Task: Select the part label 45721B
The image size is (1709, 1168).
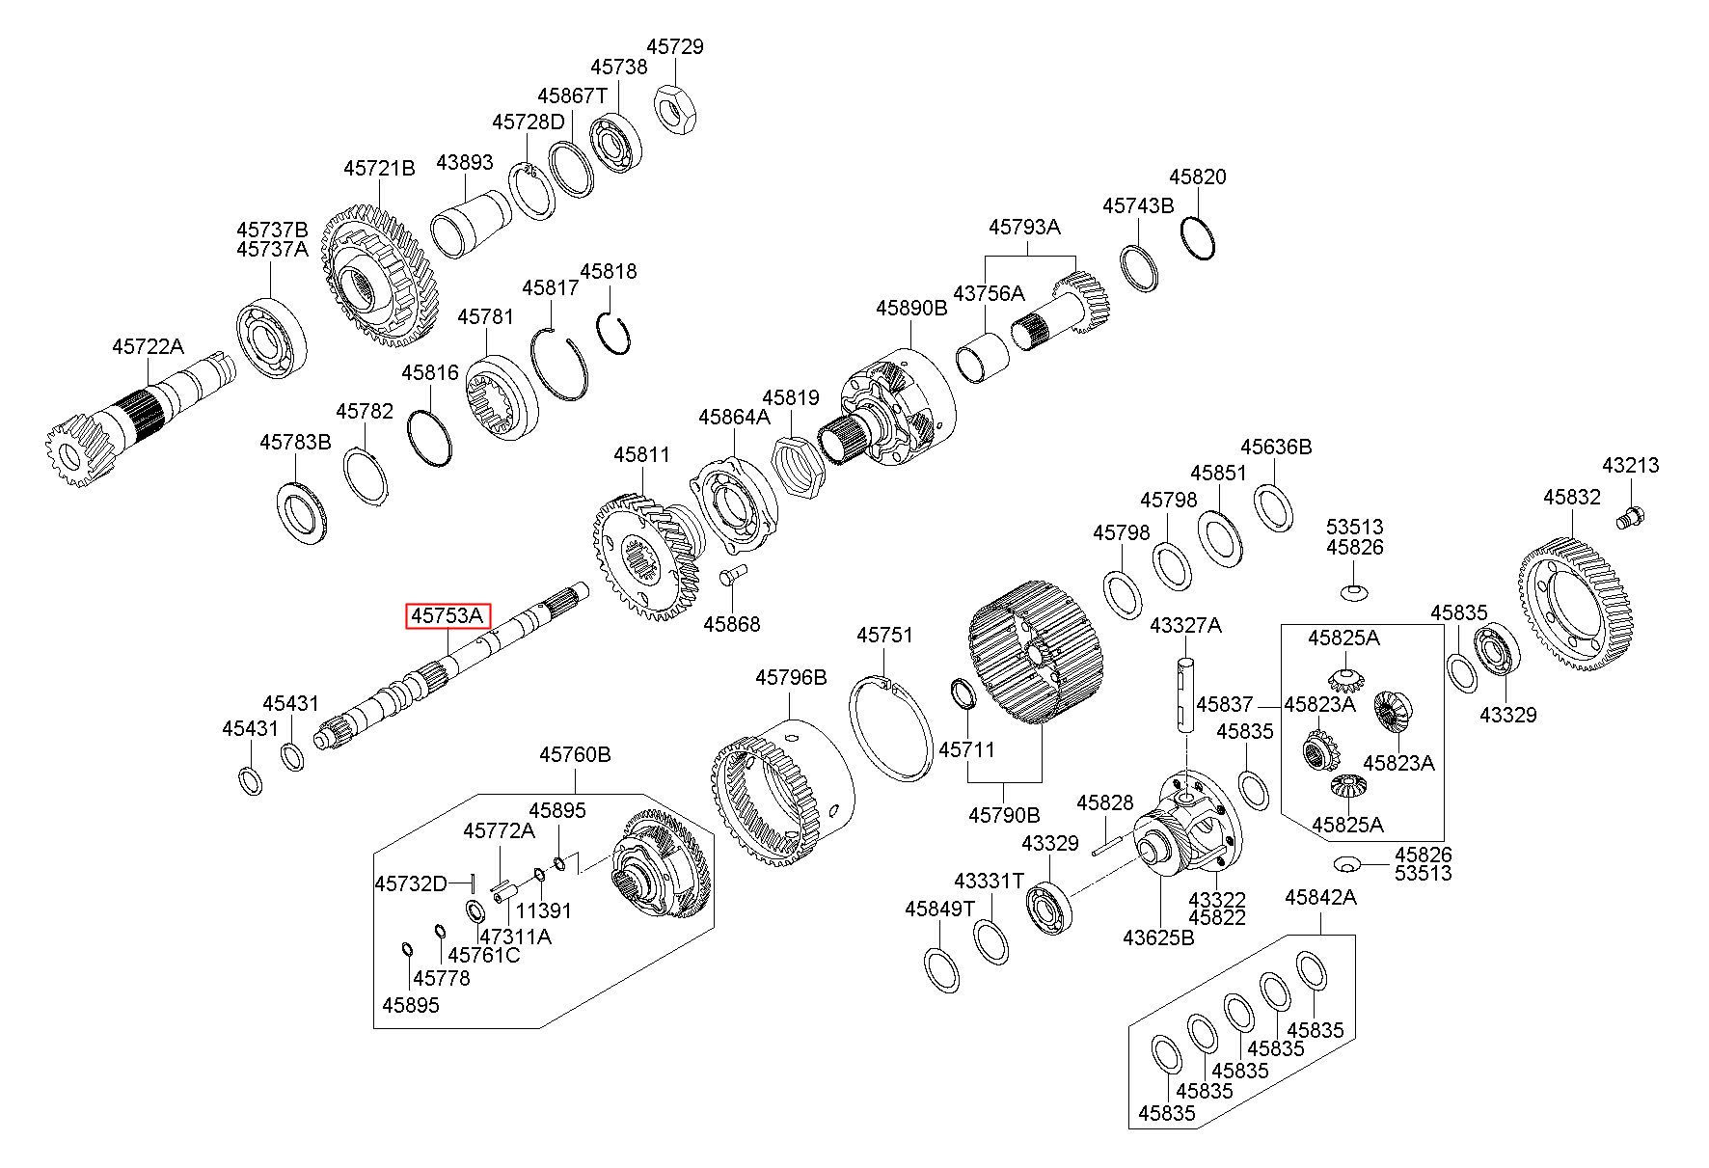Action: point(379,169)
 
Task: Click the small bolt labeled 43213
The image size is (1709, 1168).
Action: point(1631,516)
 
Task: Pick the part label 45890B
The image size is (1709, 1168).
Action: point(911,309)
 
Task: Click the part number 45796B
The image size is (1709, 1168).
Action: point(791,678)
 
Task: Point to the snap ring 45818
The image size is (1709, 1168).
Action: point(612,333)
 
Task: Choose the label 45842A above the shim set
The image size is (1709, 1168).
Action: point(1320,898)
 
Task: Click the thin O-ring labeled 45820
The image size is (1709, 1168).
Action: point(1198,235)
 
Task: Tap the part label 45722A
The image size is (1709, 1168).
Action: point(147,346)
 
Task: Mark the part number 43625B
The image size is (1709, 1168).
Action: point(1158,937)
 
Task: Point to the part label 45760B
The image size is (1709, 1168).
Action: point(575,754)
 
